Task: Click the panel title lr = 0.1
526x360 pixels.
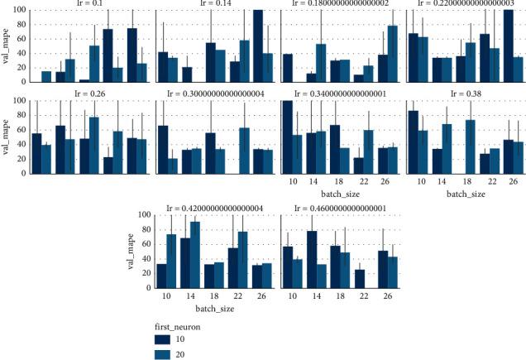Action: tap(91, 4)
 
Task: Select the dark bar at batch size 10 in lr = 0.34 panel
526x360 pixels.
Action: tap(288, 132)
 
